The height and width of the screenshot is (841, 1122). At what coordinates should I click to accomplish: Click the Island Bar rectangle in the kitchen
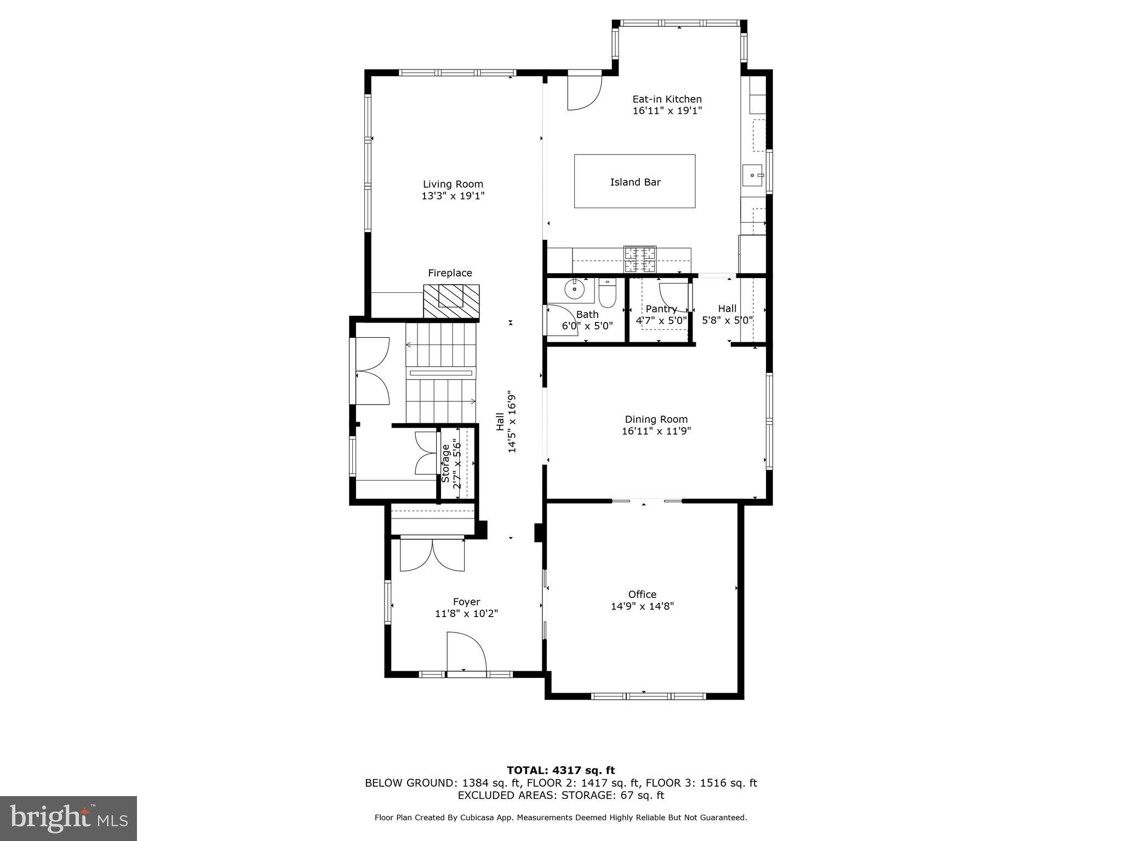coord(634,181)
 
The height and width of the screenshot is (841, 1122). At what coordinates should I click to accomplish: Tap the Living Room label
coord(453,185)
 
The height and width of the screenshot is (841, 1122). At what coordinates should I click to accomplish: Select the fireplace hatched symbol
coord(451,301)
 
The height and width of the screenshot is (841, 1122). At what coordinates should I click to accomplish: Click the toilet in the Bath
coord(608,293)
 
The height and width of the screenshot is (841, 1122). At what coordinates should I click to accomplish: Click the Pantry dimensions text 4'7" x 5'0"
coord(661,320)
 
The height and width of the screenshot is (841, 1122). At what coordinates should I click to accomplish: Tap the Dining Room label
coord(656,419)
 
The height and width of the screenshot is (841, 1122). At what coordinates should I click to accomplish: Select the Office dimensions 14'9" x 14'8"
coord(642,606)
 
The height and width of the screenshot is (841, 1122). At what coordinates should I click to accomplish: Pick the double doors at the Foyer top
coord(432,556)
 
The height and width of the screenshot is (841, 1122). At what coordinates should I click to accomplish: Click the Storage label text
coord(445,463)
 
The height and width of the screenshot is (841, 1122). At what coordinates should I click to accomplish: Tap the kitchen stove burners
coord(639,260)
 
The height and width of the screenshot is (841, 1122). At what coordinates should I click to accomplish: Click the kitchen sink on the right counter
coord(754,175)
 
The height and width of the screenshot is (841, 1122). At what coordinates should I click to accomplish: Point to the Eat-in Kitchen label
coord(667,99)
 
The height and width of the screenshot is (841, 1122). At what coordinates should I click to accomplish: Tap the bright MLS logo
coord(68,818)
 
